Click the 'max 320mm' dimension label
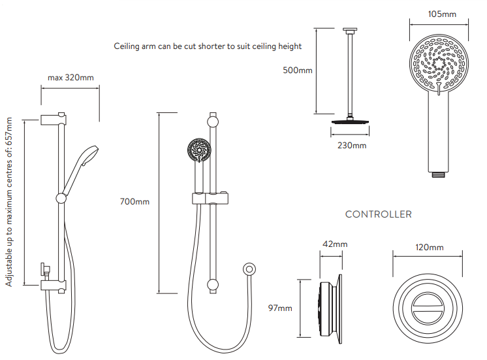click(x=71, y=78)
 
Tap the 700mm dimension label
click(x=134, y=202)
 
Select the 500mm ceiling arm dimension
click(x=298, y=70)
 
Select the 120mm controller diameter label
click(x=430, y=247)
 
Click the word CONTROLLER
click(x=378, y=214)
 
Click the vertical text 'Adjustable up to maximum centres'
click(x=9, y=203)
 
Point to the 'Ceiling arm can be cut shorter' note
click(x=208, y=46)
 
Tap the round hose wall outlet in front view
click(x=248, y=269)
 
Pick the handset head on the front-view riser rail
click(x=198, y=150)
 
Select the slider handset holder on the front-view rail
click(x=211, y=198)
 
